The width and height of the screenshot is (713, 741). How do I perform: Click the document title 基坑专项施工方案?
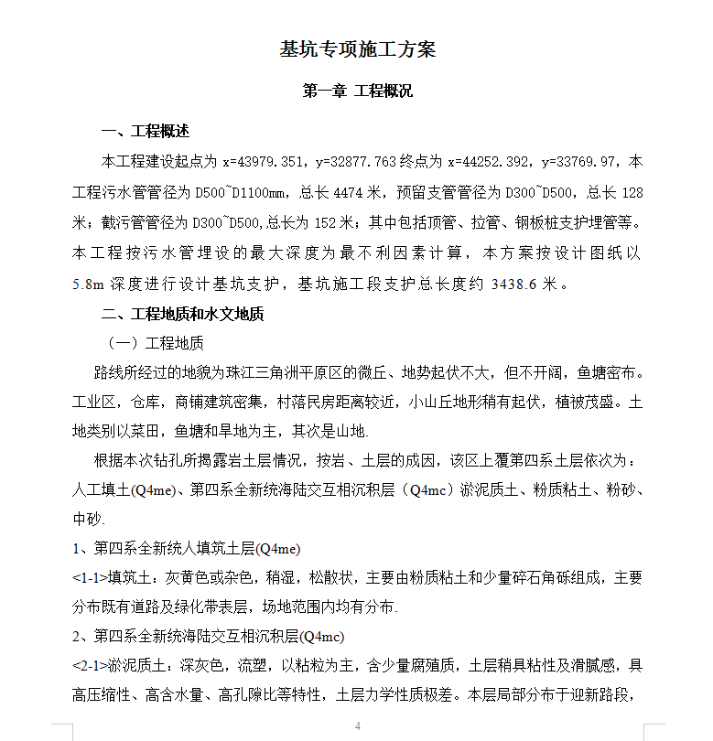357,49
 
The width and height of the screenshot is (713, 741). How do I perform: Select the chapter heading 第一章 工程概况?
357,91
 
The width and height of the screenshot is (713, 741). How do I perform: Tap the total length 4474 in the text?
351,193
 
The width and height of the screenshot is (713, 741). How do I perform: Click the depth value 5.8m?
90,285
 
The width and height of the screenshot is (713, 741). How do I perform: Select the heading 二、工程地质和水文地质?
183,315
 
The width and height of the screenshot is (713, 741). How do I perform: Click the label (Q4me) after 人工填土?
152,490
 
